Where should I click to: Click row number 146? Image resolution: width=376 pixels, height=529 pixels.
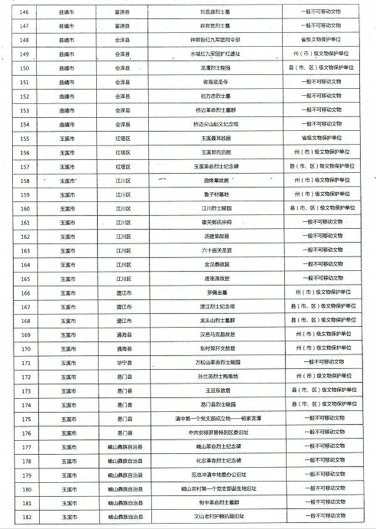point(26,11)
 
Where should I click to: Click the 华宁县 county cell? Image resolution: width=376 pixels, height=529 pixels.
point(123,363)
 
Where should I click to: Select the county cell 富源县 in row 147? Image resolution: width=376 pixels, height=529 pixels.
point(123,25)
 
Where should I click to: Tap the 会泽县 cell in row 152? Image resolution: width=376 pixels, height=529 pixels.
point(123,95)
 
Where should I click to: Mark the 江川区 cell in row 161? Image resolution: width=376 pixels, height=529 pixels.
point(123,222)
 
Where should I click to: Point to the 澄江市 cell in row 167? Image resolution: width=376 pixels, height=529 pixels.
point(123,307)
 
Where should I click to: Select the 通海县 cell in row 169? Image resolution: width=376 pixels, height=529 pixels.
point(123,334)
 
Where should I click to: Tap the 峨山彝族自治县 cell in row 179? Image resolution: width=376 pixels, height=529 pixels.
point(123,475)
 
